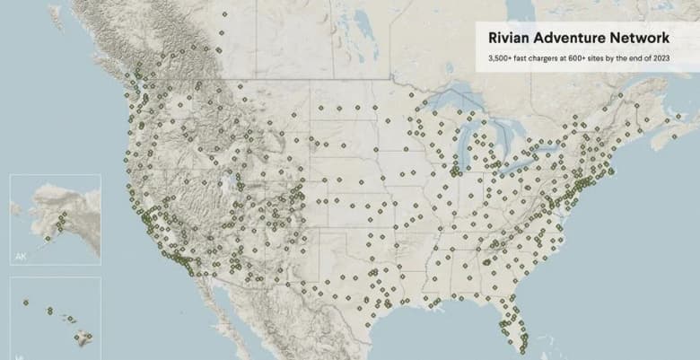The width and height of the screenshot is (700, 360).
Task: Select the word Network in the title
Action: tap(639, 39)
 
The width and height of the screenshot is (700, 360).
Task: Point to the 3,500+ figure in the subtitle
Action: tap(501, 58)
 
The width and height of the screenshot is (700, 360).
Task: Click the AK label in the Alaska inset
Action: tap(21, 257)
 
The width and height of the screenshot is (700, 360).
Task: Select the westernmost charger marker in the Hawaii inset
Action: tap(25, 302)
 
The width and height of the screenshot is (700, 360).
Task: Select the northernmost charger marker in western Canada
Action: tap(223, 14)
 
